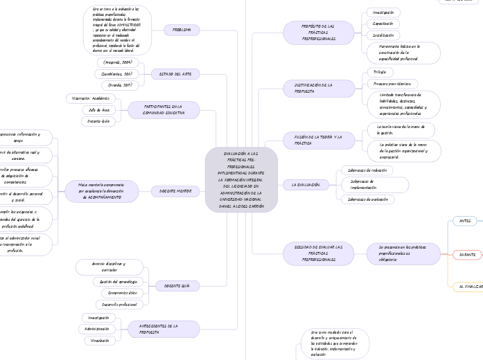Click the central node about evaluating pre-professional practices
[x=241, y=181]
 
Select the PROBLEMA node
[x=182, y=30]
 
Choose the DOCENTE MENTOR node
[x=175, y=190]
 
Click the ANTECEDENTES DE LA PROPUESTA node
[x=164, y=329]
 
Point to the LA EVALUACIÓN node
[x=305, y=185]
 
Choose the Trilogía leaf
[x=380, y=72]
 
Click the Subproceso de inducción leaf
[x=368, y=170]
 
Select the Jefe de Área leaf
[x=95, y=109]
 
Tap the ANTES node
[x=464, y=221]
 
